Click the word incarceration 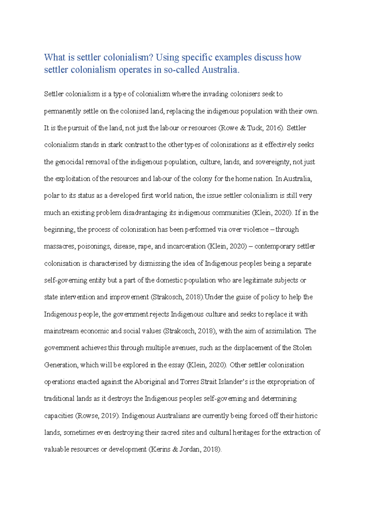[x=186, y=246]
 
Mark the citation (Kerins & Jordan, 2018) [x=185, y=449]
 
